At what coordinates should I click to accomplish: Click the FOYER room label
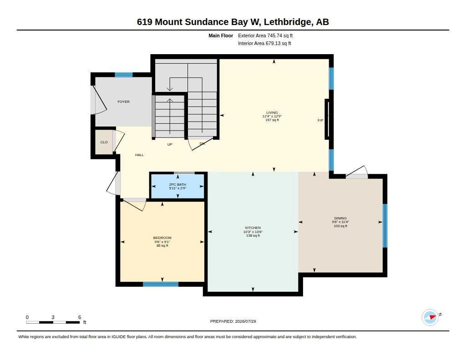point(123,101)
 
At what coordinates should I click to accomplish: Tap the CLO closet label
point(104,142)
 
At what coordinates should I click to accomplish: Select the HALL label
point(139,155)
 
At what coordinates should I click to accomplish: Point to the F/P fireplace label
point(320,121)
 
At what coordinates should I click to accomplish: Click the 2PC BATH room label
point(177,185)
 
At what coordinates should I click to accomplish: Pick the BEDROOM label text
point(162,238)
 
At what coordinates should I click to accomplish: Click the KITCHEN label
point(253,228)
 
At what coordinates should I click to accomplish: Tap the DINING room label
point(340,218)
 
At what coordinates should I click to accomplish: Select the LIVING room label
point(272,113)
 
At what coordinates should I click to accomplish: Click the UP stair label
point(170,144)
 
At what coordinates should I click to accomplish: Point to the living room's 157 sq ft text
point(272,120)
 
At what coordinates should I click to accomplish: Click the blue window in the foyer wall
point(124,75)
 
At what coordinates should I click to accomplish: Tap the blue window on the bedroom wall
point(161,284)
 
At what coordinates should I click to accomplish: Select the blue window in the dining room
point(385,226)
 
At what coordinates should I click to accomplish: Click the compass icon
point(430,317)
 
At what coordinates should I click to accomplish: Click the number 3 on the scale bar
point(53,317)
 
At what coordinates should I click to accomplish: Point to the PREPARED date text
point(233,321)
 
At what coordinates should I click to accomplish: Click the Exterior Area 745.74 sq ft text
point(265,35)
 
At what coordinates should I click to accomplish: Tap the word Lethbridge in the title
point(288,22)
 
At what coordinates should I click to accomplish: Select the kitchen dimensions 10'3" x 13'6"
point(253,232)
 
